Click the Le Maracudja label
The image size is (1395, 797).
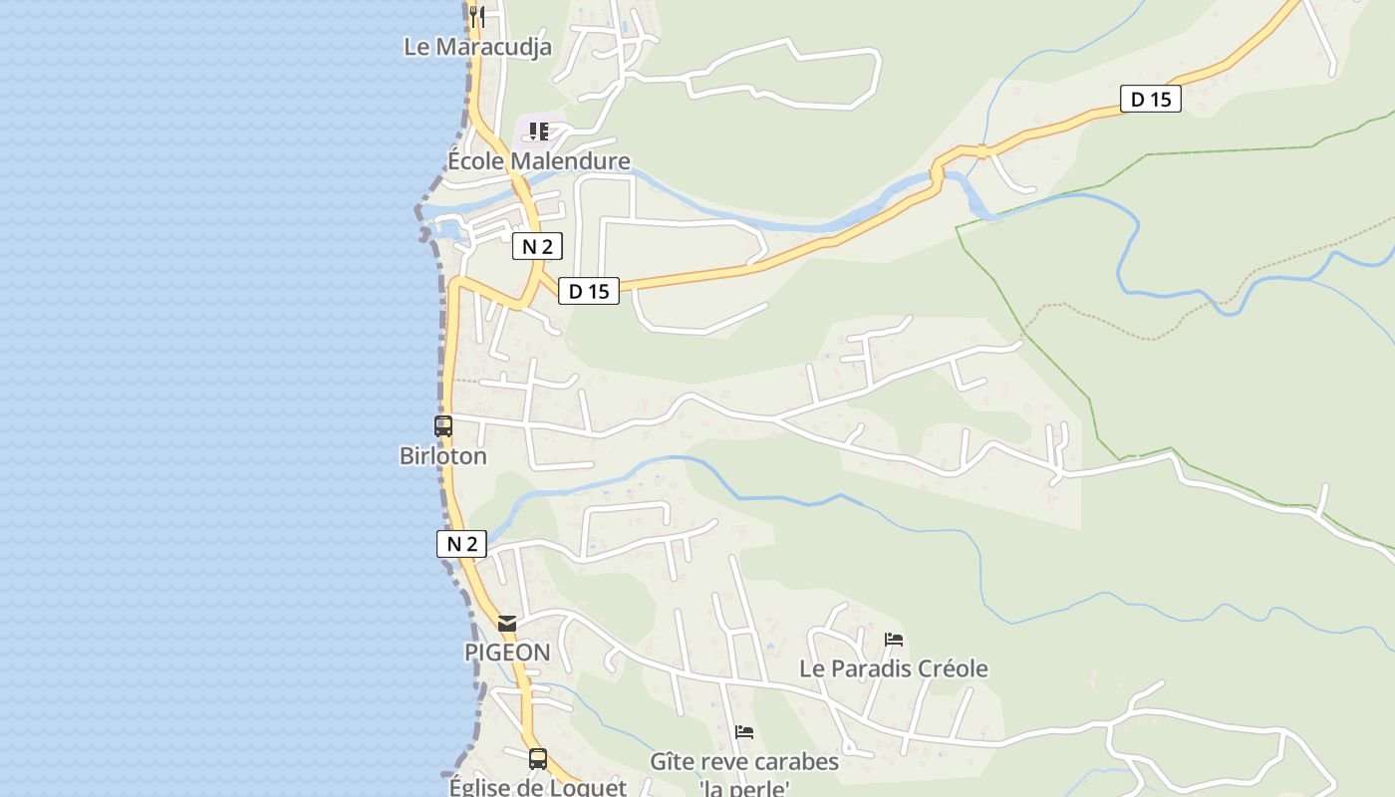click(x=477, y=46)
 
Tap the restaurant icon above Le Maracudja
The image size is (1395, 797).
click(x=477, y=16)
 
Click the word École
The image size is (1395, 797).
click(x=475, y=160)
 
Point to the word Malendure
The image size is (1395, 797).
click(x=569, y=160)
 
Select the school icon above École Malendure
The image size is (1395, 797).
click(x=539, y=131)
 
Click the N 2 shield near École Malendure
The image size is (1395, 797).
click(x=537, y=246)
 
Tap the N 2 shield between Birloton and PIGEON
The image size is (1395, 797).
click(x=461, y=544)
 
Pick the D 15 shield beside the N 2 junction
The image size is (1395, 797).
click(x=588, y=291)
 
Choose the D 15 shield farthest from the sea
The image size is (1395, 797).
click(x=1151, y=99)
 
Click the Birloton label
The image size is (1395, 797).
click(x=443, y=456)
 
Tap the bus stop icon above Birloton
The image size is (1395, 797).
click(x=443, y=426)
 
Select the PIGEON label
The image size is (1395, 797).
click(x=507, y=653)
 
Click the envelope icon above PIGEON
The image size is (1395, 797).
click(x=507, y=624)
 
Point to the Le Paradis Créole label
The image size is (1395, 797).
click(x=894, y=668)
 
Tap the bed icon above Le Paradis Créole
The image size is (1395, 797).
click(x=894, y=639)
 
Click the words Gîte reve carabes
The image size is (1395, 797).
click(x=744, y=762)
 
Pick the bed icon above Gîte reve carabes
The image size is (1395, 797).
click(x=744, y=732)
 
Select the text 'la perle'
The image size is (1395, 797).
click(x=744, y=789)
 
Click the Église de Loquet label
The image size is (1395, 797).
click(x=538, y=786)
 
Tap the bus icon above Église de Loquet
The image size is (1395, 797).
click(x=538, y=759)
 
